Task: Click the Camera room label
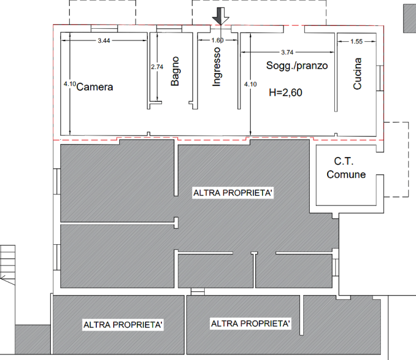[x=95, y=87]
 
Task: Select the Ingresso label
[x=217, y=68]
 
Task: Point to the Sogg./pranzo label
[x=296, y=66]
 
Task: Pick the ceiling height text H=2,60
[x=285, y=93]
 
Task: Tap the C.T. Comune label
[x=346, y=168]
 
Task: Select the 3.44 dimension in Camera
[x=103, y=41]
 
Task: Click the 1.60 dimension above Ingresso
[x=217, y=41]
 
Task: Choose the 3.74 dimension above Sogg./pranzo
[x=287, y=53]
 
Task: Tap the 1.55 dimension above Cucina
[x=356, y=41]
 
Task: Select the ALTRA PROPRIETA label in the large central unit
[x=232, y=193]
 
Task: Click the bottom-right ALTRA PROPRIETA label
[x=250, y=324]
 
